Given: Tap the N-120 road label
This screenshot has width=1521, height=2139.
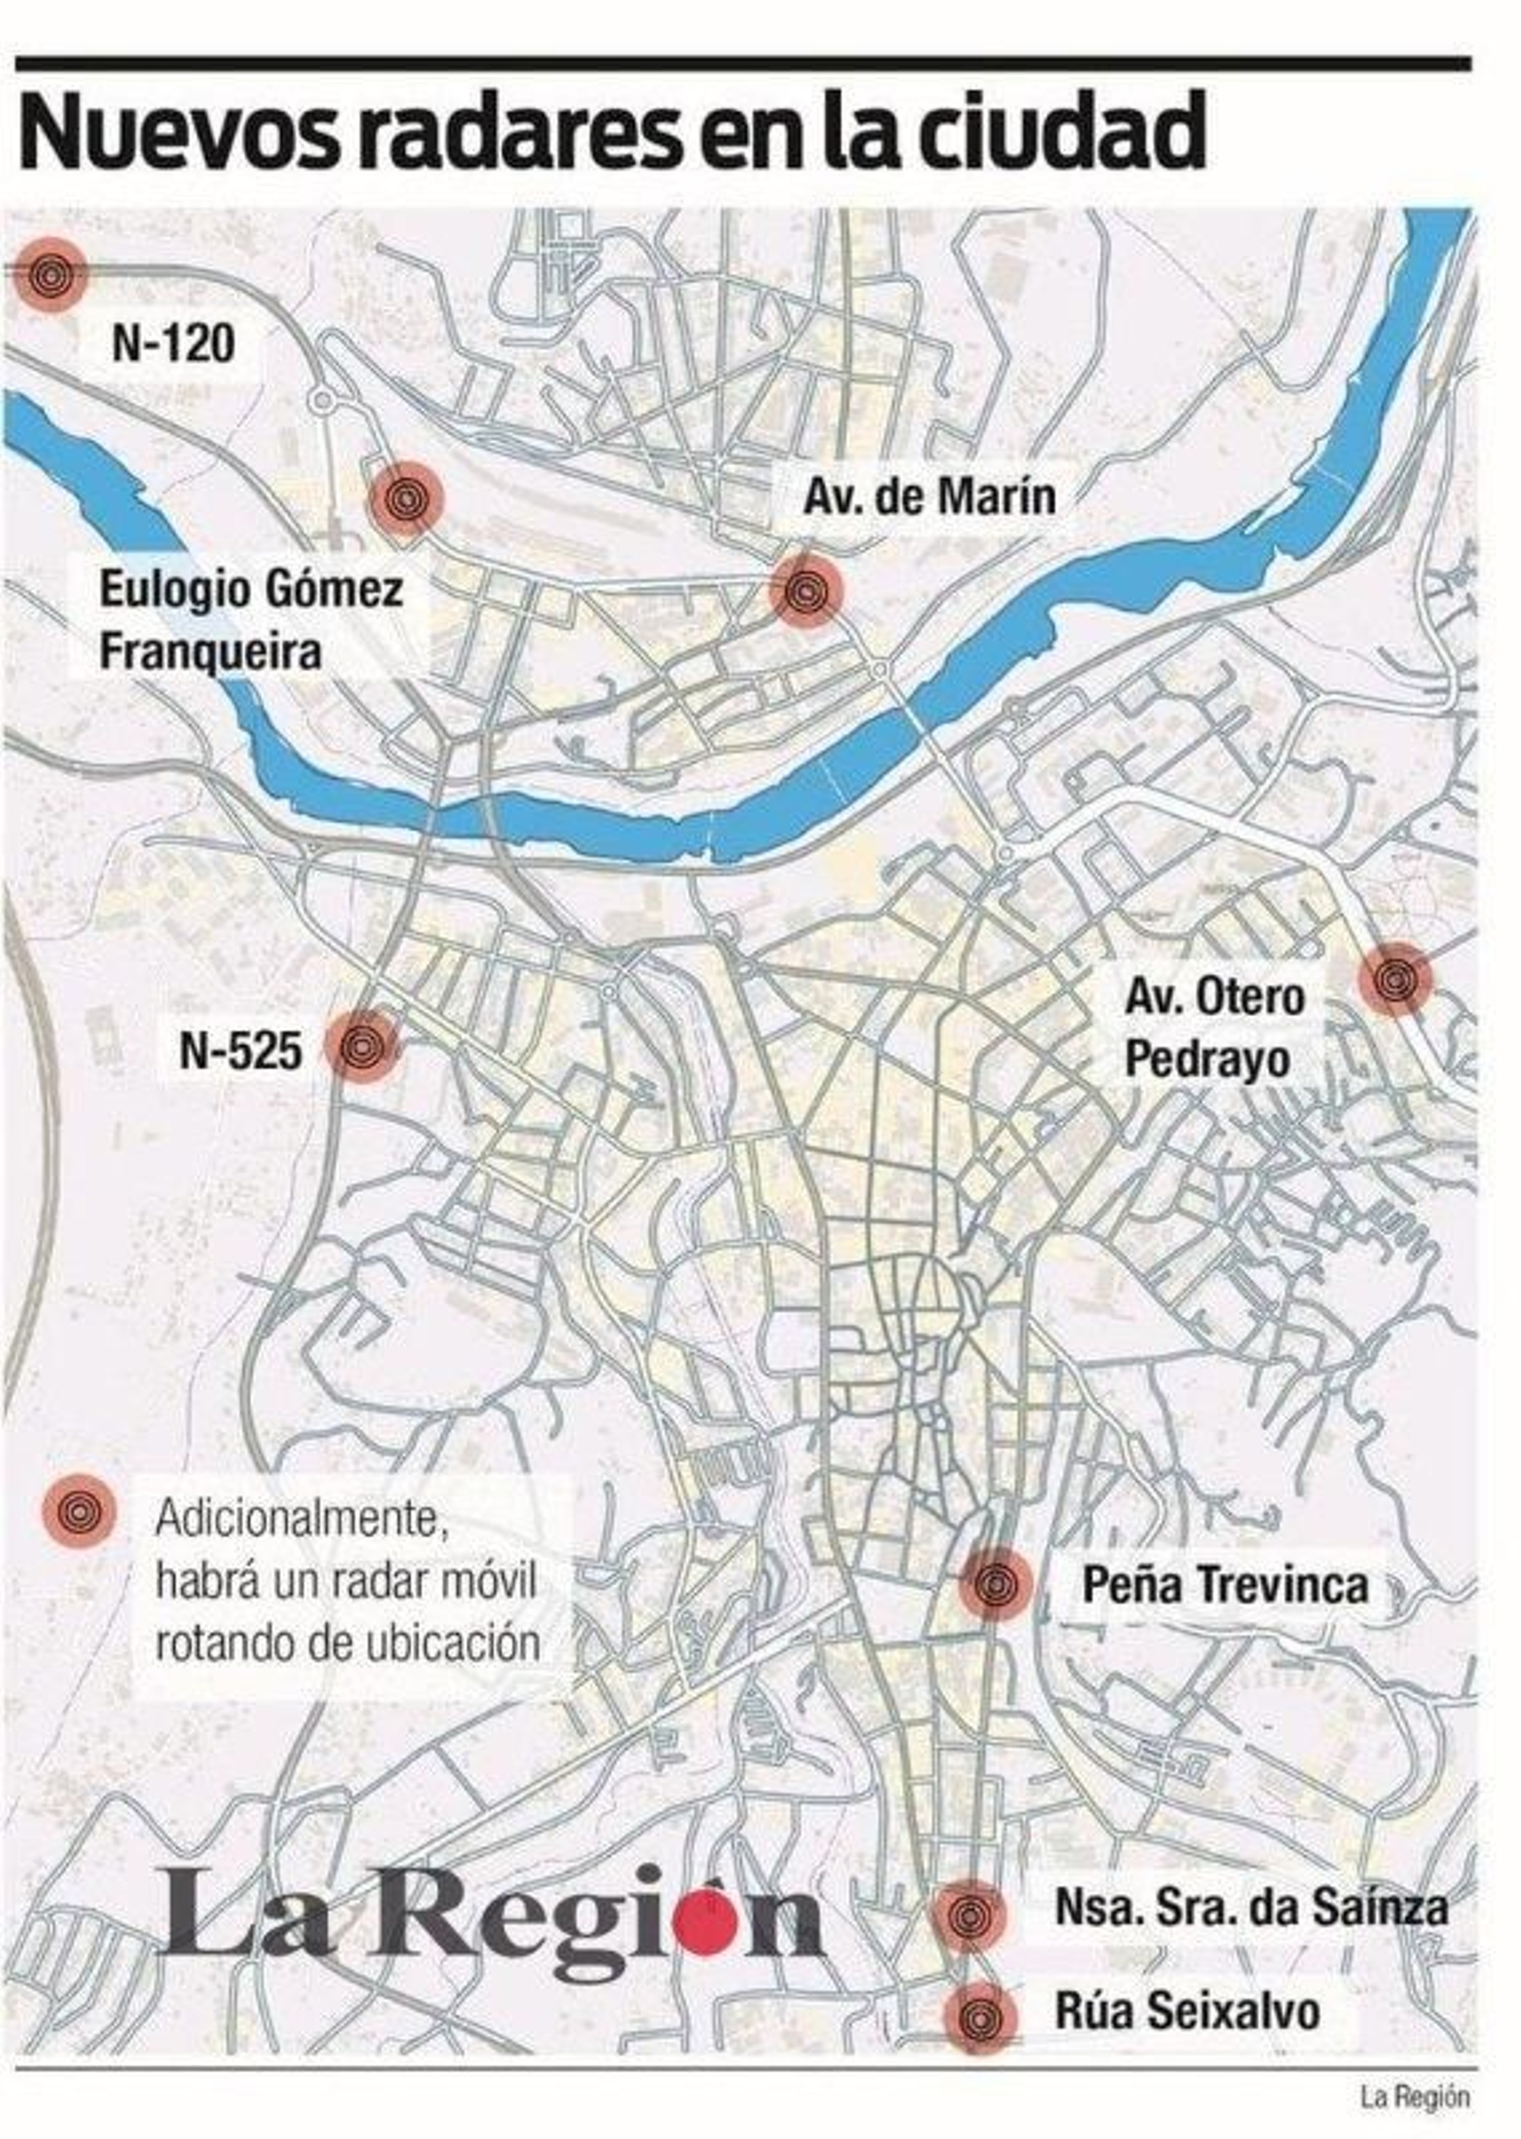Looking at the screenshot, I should pos(173,343).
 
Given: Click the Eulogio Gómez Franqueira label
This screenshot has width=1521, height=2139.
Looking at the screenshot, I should pos(251,621).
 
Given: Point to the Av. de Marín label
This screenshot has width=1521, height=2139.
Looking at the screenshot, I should pos(929,497).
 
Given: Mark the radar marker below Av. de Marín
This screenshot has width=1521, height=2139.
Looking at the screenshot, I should pos(806,590).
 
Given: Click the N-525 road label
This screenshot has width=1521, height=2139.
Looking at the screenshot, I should pos(241,1050).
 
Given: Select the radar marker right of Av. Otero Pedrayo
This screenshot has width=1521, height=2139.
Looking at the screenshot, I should pos(1394,977).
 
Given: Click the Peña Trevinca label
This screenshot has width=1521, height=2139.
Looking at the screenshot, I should pos(1225,1584).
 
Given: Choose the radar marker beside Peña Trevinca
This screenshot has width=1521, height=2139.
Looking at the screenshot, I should pos(994,1584).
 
